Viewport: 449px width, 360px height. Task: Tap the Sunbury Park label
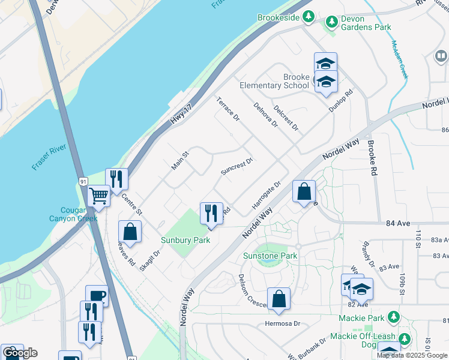[x=185, y=240]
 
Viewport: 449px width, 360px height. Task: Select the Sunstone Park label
[x=270, y=256]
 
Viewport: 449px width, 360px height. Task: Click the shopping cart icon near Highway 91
[x=99, y=196]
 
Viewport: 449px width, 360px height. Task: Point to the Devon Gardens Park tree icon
[x=331, y=22]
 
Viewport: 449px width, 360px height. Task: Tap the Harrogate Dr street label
[x=267, y=196]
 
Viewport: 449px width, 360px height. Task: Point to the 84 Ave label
[x=399, y=223]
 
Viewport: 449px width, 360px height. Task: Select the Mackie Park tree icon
[x=394, y=316]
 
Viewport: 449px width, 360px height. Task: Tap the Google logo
[x=19, y=353]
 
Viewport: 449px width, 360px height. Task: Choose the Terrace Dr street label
[x=228, y=108]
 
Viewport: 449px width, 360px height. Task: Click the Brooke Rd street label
[x=372, y=158]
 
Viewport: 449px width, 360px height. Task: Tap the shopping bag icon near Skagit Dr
[x=129, y=232]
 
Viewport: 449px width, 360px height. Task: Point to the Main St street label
[x=180, y=160]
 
